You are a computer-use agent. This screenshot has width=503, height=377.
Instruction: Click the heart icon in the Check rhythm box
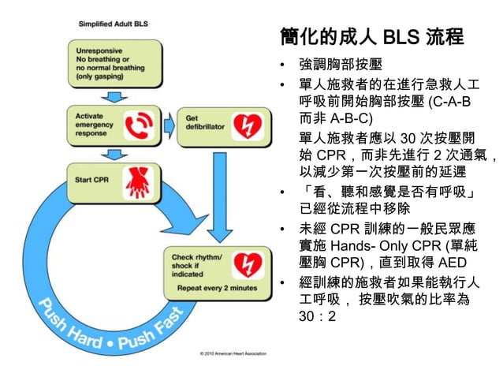coord(250,264)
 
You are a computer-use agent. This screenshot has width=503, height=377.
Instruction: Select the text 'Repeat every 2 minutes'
coord(217,289)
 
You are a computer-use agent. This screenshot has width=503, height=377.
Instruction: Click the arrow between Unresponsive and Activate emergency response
coord(114,95)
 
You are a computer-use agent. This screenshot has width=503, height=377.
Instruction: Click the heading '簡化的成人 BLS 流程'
coord(371,37)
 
